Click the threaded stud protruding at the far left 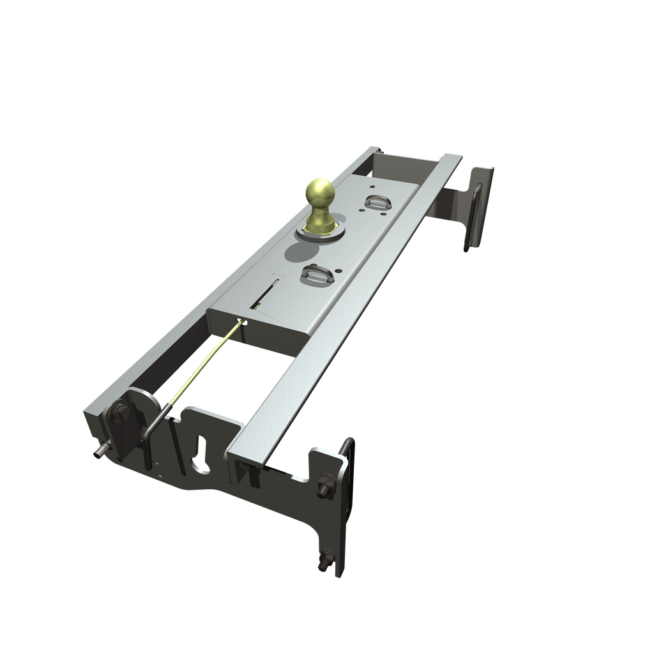coord(99,453)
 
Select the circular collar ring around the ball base coord(317,232)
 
